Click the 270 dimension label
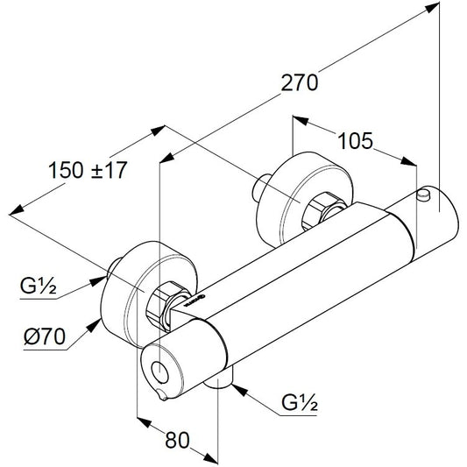click(300, 82)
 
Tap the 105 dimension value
click(355, 140)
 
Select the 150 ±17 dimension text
click(88, 170)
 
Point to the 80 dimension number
click(177, 440)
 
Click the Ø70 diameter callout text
click(45, 336)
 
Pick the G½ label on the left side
click(38, 286)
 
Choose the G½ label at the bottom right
click(300, 403)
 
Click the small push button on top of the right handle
click(424, 195)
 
